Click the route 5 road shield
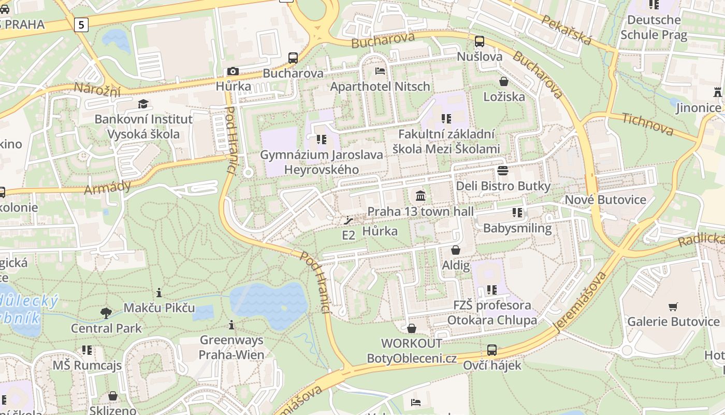tap(81, 24)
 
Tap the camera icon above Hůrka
tap(233, 71)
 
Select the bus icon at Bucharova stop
tap(293, 58)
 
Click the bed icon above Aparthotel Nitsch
tap(380, 71)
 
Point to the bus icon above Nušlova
tap(480, 41)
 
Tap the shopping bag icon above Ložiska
tap(503, 81)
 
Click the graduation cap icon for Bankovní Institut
tap(143, 104)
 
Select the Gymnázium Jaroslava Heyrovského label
tap(322, 162)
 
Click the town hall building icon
tap(421, 196)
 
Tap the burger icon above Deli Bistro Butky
tap(503, 170)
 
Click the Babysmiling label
tap(517, 228)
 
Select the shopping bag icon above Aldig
tap(456, 250)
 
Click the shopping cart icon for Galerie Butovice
tap(673, 307)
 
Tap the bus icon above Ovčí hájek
tap(492, 350)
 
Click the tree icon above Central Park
tap(106, 313)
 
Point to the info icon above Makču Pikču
tap(159, 293)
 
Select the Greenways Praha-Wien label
tap(231, 348)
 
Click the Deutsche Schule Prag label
tap(654, 27)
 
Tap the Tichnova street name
tap(647, 124)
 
